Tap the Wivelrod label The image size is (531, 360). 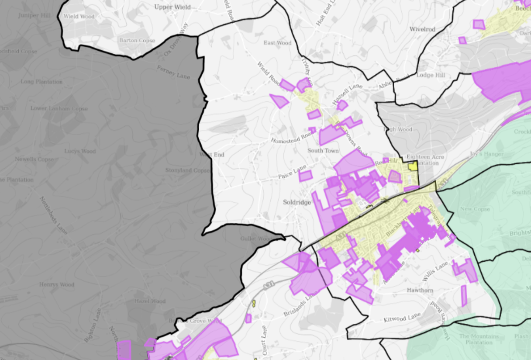pos(422,29)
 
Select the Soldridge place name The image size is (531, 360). pos(297,203)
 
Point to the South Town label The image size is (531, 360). pos(323,151)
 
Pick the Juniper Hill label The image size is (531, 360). pos(34,16)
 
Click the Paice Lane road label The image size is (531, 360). pos(293,173)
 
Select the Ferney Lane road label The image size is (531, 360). pos(173,72)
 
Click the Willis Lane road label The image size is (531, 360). pos(435,271)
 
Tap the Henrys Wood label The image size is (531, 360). pos(57,285)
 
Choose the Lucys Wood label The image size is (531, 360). pos(80,152)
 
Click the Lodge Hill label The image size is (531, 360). pos(431,75)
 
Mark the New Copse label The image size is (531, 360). pos(475,209)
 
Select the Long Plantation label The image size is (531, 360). pos(41,82)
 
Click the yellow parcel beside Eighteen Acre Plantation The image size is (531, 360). pos(412,166)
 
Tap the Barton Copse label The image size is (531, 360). pos(137,41)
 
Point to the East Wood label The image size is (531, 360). pos(277,43)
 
